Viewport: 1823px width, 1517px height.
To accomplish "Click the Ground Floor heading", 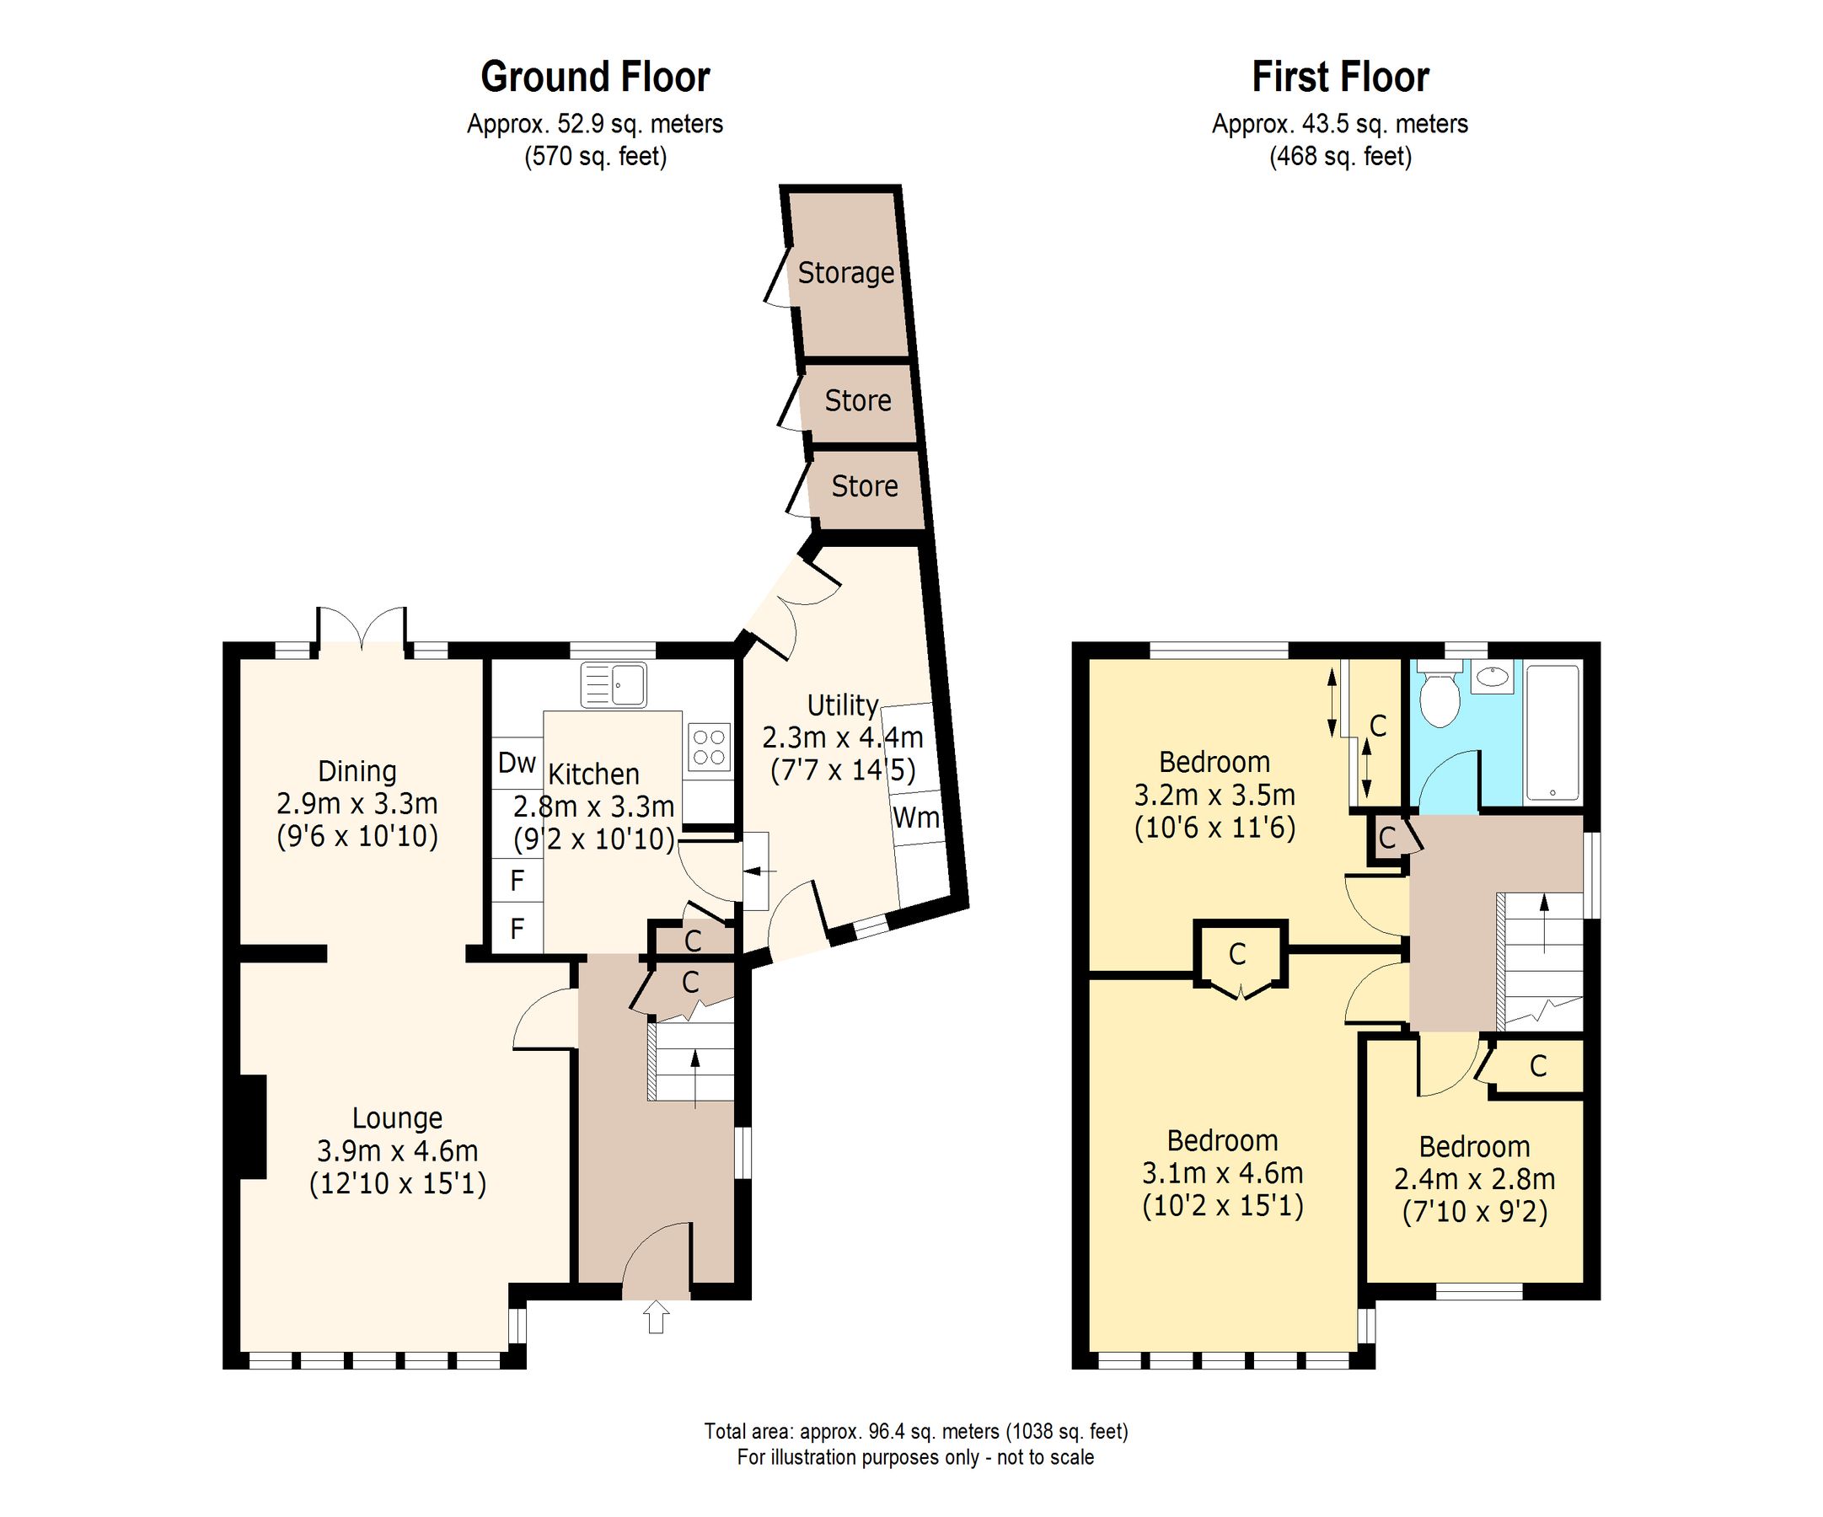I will click(595, 78).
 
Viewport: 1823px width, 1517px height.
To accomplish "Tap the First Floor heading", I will click(1339, 78).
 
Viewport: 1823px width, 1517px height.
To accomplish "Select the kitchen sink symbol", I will click(614, 684).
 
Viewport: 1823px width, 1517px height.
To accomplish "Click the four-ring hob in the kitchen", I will click(708, 748).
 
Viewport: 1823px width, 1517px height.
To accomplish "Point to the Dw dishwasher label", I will click(517, 763).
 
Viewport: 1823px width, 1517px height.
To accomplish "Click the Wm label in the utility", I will click(915, 817).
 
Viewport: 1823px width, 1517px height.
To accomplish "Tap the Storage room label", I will click(845, 272).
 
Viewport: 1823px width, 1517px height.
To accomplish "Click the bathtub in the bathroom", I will click(1552, 732).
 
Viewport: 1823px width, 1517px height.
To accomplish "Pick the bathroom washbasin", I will click(1493, 677).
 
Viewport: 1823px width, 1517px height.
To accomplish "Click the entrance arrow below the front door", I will click(657, 1316).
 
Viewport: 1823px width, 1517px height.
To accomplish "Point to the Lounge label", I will click(397, 1118).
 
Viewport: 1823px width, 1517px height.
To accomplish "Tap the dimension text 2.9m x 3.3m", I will click(357, 804).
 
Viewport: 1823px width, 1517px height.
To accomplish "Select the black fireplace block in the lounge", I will click(253, 1127).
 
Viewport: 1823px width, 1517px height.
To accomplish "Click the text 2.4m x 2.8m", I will click(1474, 1179).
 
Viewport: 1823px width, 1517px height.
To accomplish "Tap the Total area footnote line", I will click(915, 1431).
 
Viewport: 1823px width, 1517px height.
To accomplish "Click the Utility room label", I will click(842, 705).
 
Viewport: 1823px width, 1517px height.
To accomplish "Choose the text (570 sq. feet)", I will click(595, 157).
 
